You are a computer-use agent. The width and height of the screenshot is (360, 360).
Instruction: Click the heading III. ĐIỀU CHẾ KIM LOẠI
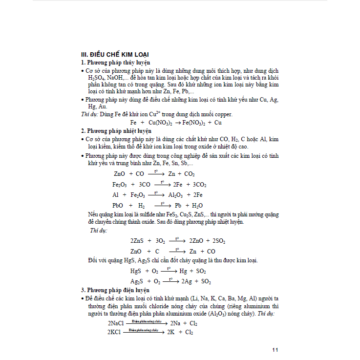tap(114, 54)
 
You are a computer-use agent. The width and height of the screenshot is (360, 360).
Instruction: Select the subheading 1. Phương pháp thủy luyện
tap(115, 63)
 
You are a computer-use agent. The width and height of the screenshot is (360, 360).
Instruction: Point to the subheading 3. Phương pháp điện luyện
tap(115, 290)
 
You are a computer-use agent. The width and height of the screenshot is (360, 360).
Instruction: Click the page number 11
tap(275, 350)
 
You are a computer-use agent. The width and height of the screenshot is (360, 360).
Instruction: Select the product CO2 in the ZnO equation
tap(190, 174)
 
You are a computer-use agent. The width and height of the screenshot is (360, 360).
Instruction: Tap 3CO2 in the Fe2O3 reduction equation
tap(199, 185)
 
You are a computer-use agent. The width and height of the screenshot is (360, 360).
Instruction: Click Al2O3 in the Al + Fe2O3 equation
tap(177, 195)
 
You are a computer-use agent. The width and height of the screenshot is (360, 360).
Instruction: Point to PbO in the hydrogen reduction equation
tap(118, 206)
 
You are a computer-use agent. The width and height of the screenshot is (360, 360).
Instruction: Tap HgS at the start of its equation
tap(136, 271)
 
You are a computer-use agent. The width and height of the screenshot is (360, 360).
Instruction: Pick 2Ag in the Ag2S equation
tap(187, 282)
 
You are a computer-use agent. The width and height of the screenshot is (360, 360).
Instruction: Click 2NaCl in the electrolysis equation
tap(116, 324)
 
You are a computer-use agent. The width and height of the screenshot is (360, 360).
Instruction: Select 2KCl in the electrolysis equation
tap(115, 332)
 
